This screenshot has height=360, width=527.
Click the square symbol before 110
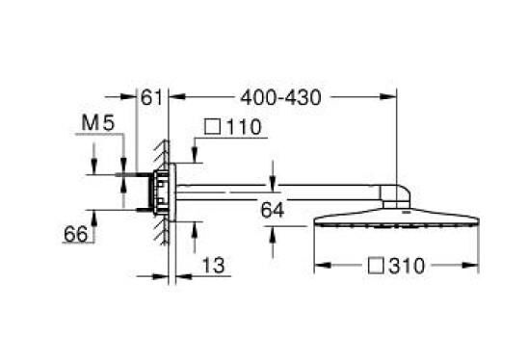coord(212,127)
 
